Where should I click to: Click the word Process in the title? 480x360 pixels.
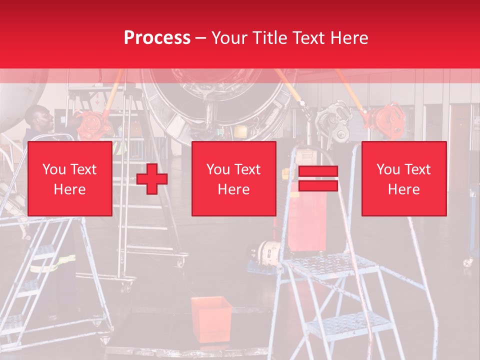click(157, 38)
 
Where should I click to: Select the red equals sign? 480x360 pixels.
click(318, 178)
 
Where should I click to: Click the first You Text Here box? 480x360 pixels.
click(70, 178)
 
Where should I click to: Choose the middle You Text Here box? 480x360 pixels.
click(234, 178)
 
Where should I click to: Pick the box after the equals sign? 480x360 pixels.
click(404, 178)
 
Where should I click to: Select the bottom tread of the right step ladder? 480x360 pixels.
click(350, 325)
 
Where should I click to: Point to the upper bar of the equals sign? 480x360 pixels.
click(318, 171)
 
